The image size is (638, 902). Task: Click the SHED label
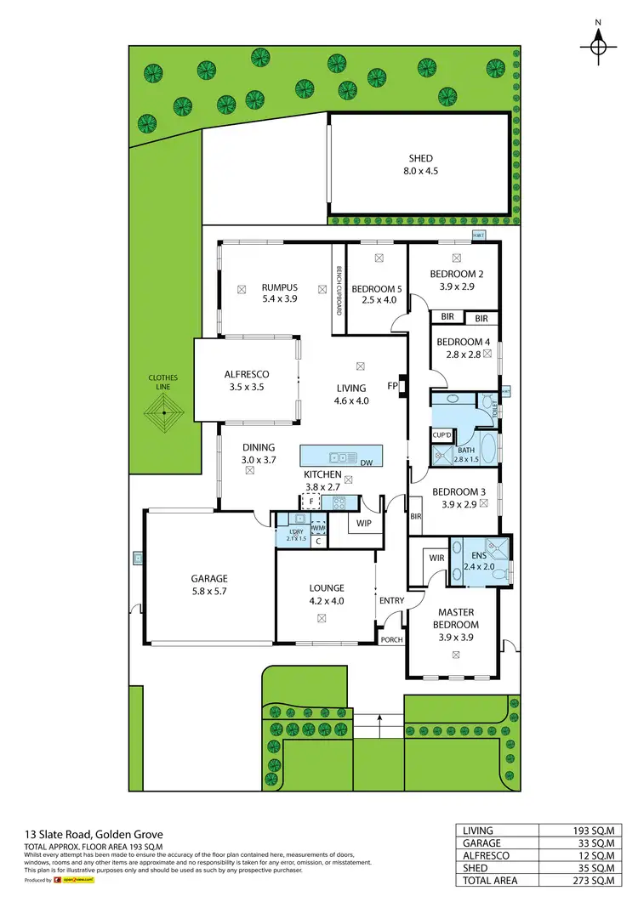pyautogui.click(x=420, y=158)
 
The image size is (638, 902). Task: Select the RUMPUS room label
pyautogui.click(x=279, y=287)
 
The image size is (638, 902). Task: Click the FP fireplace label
pyautogui.click(x=393, y=386)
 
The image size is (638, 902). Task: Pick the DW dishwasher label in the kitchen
pyautogui.click(x=366, y=463)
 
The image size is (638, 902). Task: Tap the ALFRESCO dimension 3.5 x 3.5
pyautogui.click(x=247, y=387)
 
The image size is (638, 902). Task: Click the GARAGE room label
pyautogui.click(x=208, y=579)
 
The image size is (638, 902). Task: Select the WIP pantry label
pyautogui.click(x=364, y=523)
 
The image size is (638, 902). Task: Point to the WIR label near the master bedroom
pyautogui.click(x=436, y=559)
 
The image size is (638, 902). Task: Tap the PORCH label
pyautogui.click(x=391, y=639)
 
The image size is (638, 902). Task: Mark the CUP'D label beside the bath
pyautogui.click(x=441, y=434)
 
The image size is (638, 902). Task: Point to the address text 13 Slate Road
pyautogui.click(x=63, y=835)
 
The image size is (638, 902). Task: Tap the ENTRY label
pyautogui.click(x=392, y=601)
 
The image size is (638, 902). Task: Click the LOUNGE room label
pyautogui.click(x=326, y=587)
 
